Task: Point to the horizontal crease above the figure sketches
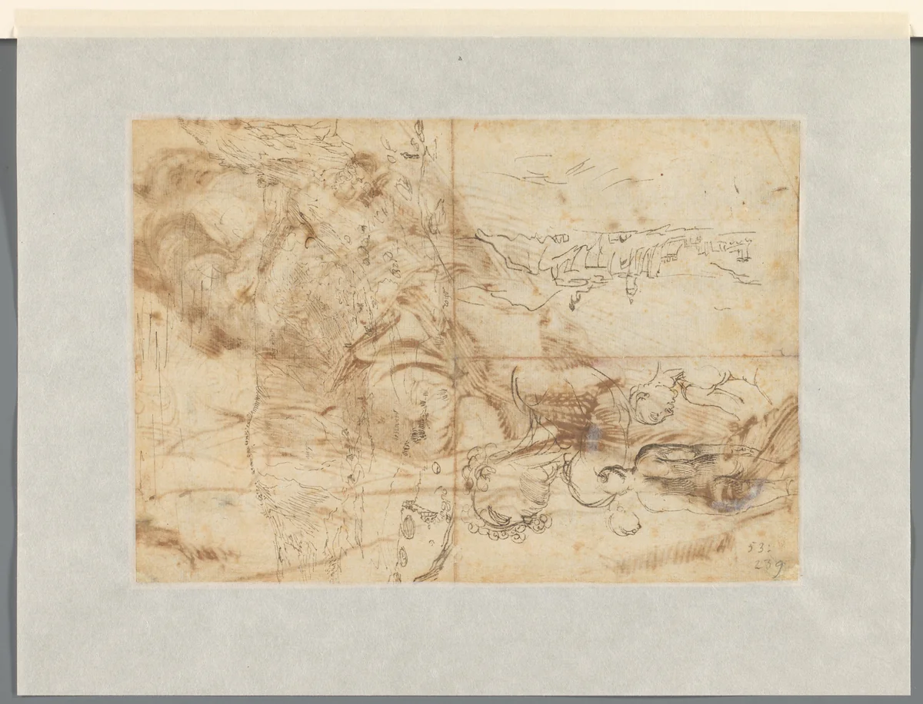(615, 358)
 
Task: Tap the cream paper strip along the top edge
(461, 23)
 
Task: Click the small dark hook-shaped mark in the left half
(308, 244)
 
